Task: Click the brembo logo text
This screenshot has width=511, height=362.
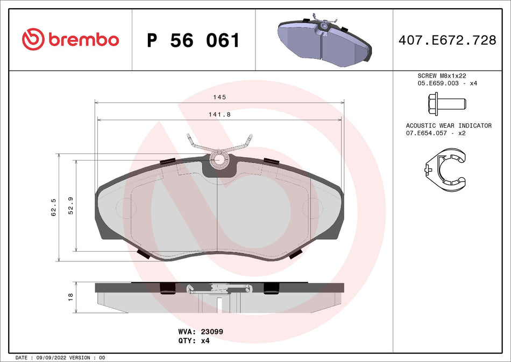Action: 83,39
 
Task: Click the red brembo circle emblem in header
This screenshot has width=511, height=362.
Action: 32,39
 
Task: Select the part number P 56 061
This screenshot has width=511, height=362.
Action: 193,40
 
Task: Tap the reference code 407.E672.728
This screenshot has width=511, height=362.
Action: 447,40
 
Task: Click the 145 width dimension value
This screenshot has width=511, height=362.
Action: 219,97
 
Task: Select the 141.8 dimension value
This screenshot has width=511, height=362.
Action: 219,115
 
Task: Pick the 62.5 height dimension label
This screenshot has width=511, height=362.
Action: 53,207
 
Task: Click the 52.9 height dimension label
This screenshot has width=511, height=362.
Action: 70,205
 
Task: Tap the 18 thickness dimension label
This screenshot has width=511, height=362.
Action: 70,297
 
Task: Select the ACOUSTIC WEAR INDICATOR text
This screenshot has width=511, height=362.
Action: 448,126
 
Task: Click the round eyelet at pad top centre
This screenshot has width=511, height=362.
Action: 218,159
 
